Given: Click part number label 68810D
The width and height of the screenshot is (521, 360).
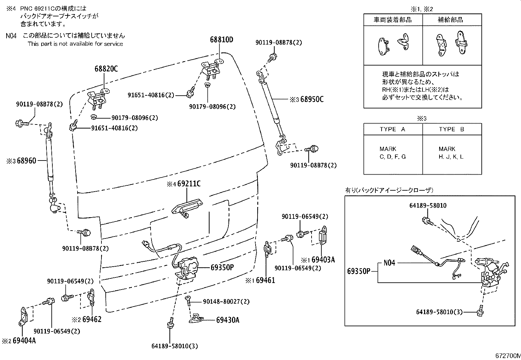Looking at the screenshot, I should point(222,40).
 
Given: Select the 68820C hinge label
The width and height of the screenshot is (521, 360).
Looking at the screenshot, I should point(106,69).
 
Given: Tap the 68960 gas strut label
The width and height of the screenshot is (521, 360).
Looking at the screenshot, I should point(27,161).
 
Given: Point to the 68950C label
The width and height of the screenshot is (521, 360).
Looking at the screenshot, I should point(312,99).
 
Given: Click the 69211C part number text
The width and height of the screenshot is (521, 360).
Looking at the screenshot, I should point(189,184).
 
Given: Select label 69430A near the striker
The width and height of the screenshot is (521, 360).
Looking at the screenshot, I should point(227,320).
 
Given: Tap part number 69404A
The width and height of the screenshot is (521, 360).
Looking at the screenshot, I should point(24,341).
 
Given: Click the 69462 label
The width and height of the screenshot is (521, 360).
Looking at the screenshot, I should point(92,319).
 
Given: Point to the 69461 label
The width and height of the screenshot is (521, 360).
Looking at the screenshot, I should point(265,280).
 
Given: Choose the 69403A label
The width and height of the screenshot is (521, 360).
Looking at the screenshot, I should point(323,260).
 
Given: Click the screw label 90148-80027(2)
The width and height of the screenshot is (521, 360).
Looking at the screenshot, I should point(226,301).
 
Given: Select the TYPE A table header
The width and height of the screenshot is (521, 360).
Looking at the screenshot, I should point(392,129).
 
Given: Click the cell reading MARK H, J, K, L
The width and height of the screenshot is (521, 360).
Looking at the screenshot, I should point(451,153).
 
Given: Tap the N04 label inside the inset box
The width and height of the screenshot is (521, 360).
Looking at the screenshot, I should point(389,263).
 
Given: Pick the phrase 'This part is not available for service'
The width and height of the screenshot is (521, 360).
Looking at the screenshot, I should point(75,44).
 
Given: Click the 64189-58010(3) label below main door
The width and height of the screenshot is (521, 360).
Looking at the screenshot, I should point(175,346).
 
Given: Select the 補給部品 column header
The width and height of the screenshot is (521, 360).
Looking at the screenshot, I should point(450,20).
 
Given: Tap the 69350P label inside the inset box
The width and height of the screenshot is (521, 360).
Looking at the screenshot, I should point(359,271).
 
